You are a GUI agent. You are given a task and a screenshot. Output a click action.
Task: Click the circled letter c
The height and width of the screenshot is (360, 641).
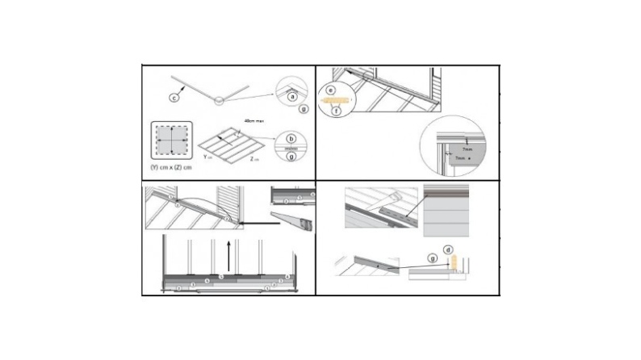[173, 98]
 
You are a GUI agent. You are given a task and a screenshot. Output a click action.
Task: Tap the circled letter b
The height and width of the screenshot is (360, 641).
[291, 139]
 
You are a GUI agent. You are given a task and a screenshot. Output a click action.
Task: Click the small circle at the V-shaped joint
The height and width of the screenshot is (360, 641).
[218, 100]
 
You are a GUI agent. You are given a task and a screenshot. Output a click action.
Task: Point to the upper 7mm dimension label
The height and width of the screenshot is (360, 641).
[467, 149]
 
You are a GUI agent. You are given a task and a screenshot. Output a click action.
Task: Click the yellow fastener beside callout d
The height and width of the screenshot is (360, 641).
[455, 262]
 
